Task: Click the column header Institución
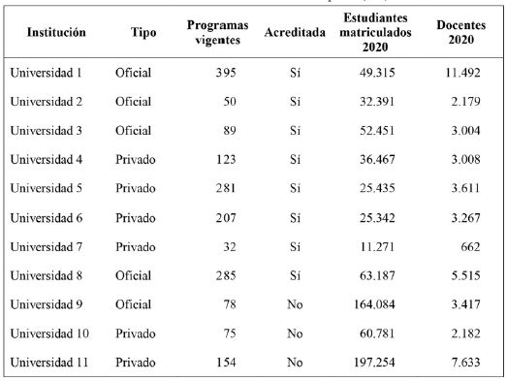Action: (56, 32)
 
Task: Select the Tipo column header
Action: (143, 32)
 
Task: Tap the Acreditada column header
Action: (294, 32)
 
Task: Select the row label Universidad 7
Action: (48, 247)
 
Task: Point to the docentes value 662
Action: (474, 247)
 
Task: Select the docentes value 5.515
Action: (469, 276)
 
